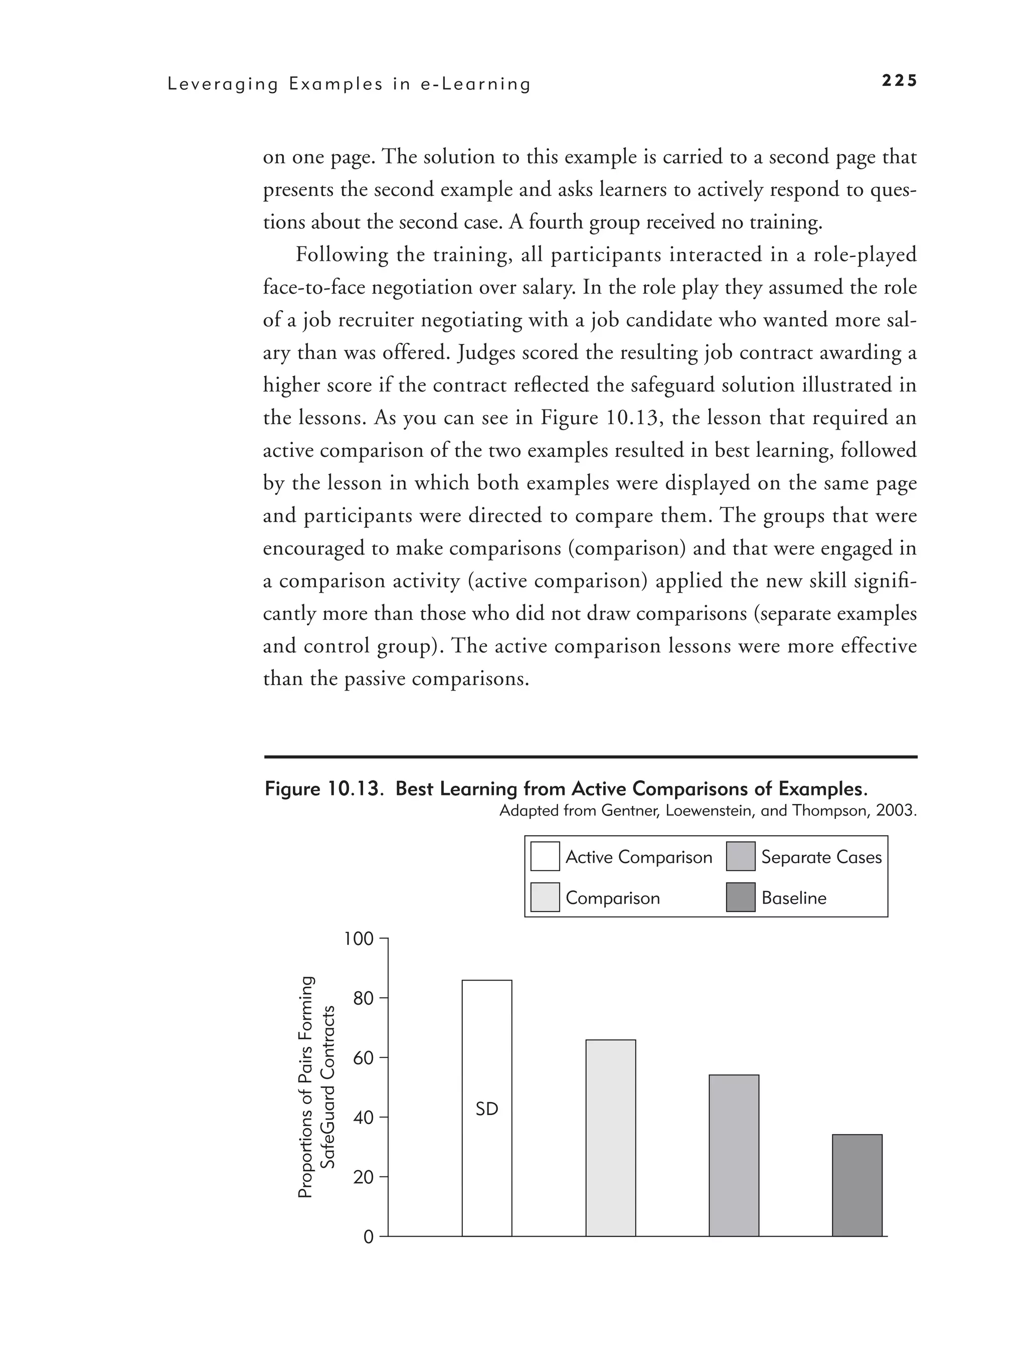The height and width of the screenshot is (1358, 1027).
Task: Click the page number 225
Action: (899, 81)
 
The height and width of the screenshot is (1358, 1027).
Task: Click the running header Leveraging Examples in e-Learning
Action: (349, 84)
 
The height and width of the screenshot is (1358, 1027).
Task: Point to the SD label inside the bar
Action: (487, 1109)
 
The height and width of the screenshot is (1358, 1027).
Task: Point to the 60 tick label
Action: (364, 1058)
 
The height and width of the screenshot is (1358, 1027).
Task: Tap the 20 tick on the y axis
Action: (364, 1177)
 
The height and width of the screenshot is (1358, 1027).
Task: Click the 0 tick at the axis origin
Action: (368, 1237)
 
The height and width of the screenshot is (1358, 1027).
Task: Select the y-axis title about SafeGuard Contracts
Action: (316, 1087)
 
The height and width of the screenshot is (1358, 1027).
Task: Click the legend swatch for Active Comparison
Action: (545, 857)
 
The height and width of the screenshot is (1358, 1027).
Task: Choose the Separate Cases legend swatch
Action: (741, 857)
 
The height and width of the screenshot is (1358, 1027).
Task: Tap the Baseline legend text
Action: (793, 898)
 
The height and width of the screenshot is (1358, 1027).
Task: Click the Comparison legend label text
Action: (612, 898)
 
